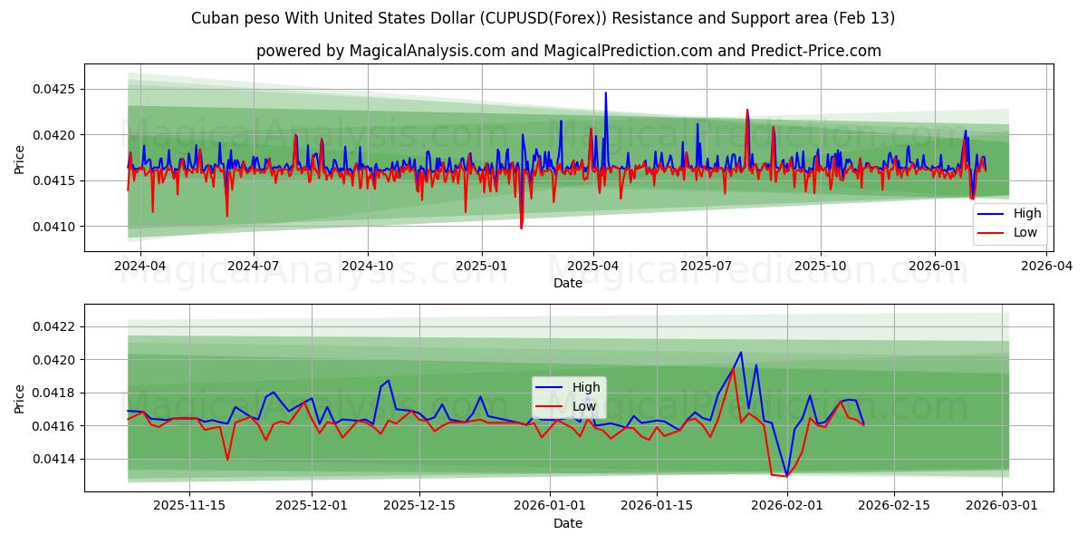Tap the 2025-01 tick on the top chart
click(481, 267)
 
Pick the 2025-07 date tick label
click(706, 267)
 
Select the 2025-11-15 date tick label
click(189, 506)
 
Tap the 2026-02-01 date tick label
click(786, 506)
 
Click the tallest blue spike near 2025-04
click(606, 92)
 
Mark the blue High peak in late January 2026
click(740, 353)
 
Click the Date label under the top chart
click(568, 284)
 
